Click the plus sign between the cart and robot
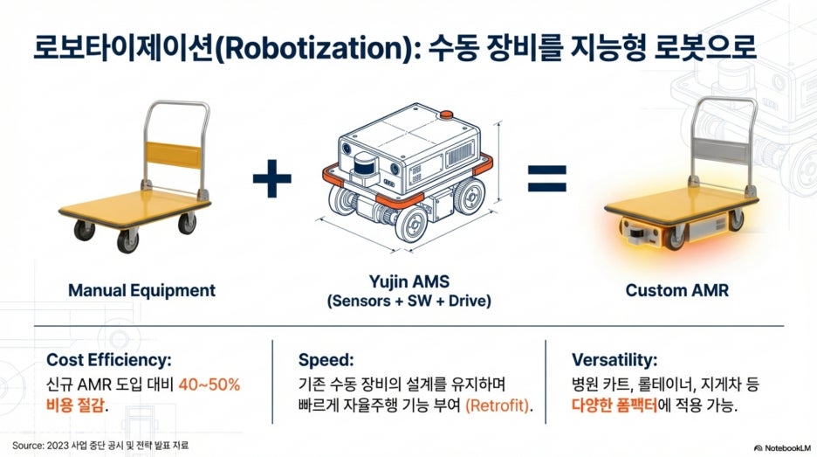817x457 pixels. click(x=271, y=178)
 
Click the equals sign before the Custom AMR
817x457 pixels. click(x=546, y=178)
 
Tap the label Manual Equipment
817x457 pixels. click(x=141, y=291)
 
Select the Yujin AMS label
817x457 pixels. click(x=409, y=281)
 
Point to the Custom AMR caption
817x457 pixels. click(x=676, y=291)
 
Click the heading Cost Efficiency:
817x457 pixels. click(x=108, y=360)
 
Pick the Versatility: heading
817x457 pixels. click(x=614, y=360)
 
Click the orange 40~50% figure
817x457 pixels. click(x=209, y=385)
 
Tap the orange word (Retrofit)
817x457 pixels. click(x=497, y=405)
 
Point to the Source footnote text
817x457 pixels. click(x=100, y=446)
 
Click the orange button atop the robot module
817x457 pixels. click(x=446, y=114)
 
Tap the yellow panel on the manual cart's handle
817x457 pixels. click(x=174, y=155)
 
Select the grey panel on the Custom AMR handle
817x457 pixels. click(x=722, y=151)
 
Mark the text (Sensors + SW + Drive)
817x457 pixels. click(x=409, y=301)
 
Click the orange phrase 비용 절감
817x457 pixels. click(x=75, y=405)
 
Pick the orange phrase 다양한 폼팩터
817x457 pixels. click(x=614, y=405)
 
